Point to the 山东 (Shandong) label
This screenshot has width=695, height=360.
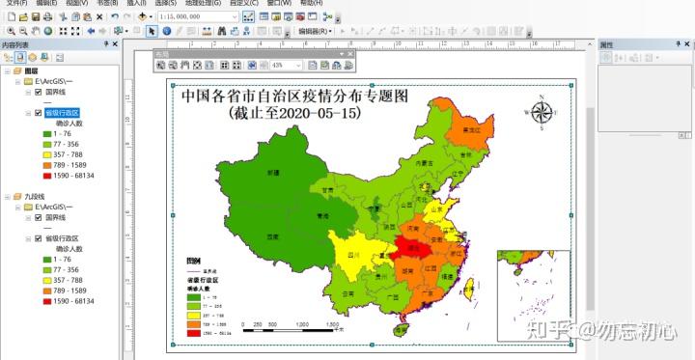coord(436,207)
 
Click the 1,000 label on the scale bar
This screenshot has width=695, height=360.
coord(302,324)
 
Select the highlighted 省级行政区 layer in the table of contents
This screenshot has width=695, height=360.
coord(63,113)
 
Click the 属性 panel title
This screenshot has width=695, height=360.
coord(607,44)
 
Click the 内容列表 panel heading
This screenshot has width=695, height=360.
coord(15,44)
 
